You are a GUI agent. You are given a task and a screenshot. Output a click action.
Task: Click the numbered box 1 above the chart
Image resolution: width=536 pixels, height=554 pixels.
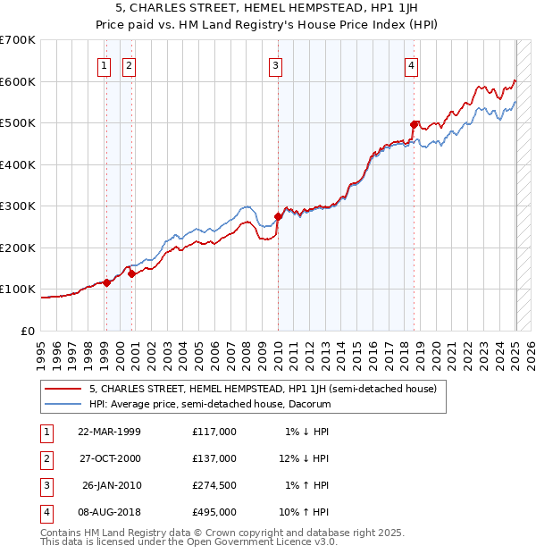click(x=105, y=64)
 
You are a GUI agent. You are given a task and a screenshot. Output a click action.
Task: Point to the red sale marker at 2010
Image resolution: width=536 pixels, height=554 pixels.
click(x=278, y=216)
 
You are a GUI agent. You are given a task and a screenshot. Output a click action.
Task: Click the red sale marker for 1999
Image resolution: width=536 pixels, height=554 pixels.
click(x=106, y=282)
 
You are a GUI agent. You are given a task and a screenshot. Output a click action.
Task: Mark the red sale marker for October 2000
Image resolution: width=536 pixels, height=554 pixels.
click(x=131, y=274)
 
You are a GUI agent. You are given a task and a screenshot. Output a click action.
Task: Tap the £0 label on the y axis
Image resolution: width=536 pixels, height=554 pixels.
click(x=28, y=331)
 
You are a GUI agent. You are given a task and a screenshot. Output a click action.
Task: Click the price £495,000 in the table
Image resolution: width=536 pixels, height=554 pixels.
click(x=214, y=513)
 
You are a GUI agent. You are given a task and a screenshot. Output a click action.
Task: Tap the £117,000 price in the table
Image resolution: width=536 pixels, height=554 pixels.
click(x=214, y=431)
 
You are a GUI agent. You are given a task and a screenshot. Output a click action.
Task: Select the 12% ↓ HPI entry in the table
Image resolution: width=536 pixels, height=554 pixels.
click(x=305, y=458)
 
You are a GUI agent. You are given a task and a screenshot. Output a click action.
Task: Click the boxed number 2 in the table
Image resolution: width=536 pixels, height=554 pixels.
click(x=46, y=458)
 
